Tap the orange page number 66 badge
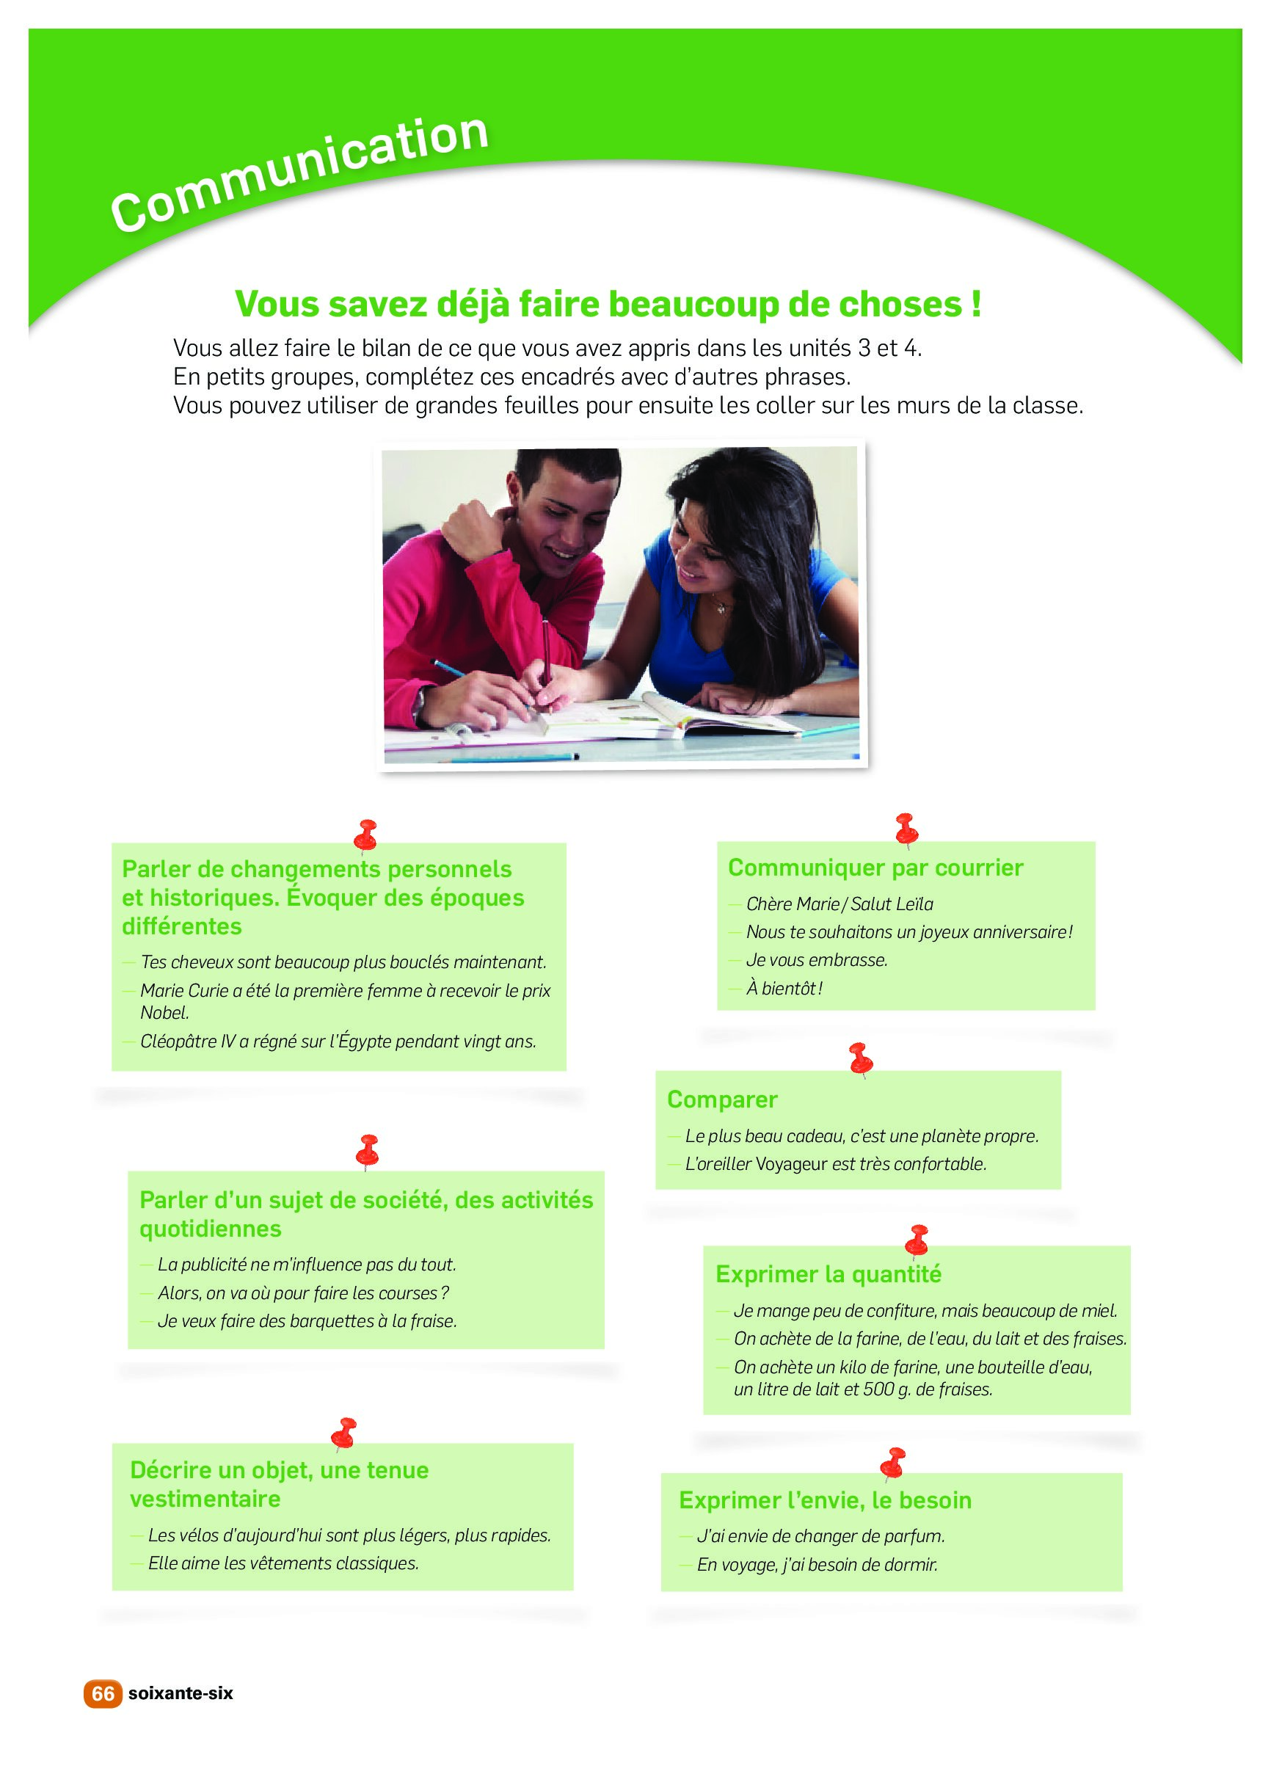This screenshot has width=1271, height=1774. [x=103, y=1693]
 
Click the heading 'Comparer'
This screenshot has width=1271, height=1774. [x=722, y=1099]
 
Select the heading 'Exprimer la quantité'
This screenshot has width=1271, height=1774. [x=828, y=1274]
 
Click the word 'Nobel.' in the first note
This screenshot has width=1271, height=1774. [x=165, y=1013]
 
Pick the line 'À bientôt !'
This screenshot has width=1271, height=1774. [x=784, y=988]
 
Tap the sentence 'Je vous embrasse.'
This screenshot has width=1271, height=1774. [x=817, y=960]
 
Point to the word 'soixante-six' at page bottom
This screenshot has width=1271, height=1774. [x=181, y=1694]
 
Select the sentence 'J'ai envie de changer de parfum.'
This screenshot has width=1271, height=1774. [x=820, y=1536]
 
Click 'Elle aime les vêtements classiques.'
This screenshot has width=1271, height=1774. [x=283, y=1563]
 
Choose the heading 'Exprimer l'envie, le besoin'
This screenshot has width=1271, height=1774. [x=825, y=1500]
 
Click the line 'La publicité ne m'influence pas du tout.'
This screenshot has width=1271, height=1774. [x=307, y=1265]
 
